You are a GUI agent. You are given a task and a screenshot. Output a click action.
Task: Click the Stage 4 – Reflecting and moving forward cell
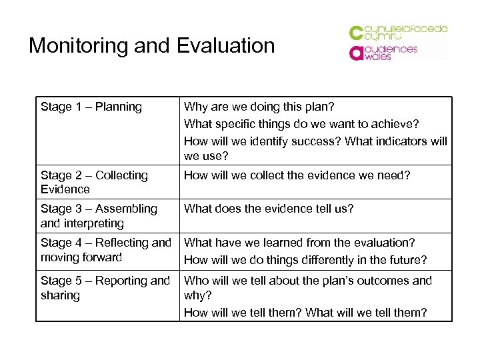pos(106,250)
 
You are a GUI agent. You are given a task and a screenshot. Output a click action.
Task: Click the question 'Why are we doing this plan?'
pos(259,107)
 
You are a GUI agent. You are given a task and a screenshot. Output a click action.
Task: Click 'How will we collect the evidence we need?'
pos(297,175)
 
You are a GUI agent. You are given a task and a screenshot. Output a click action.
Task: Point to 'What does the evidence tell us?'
pos(269,209)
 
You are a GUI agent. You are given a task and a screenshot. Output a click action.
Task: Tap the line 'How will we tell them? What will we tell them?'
pos(305,312)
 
